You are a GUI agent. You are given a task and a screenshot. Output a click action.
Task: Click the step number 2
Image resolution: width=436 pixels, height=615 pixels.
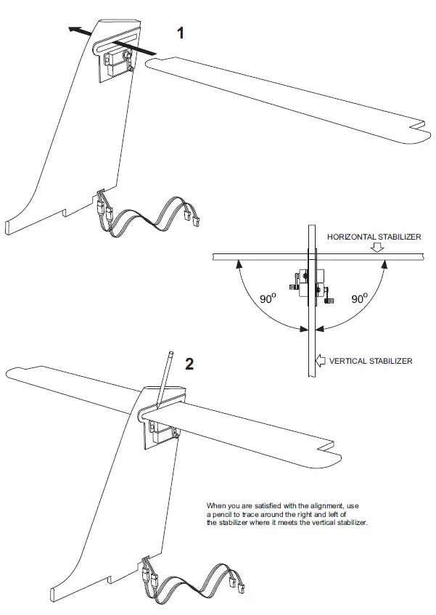click(189, 364)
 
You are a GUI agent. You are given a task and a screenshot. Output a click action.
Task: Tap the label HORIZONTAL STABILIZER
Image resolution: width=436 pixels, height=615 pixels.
click(374, 237)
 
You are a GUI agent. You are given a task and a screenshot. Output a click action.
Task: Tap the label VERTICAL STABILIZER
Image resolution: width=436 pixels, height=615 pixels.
click(371, 361)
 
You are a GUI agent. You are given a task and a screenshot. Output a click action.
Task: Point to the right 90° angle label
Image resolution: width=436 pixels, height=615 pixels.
click(358, 298)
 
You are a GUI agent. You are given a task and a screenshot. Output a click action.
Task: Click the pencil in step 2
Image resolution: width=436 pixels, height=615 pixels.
click(165, 375)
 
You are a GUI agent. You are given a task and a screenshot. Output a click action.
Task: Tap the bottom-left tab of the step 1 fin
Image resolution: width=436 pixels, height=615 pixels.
click(9, 227)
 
